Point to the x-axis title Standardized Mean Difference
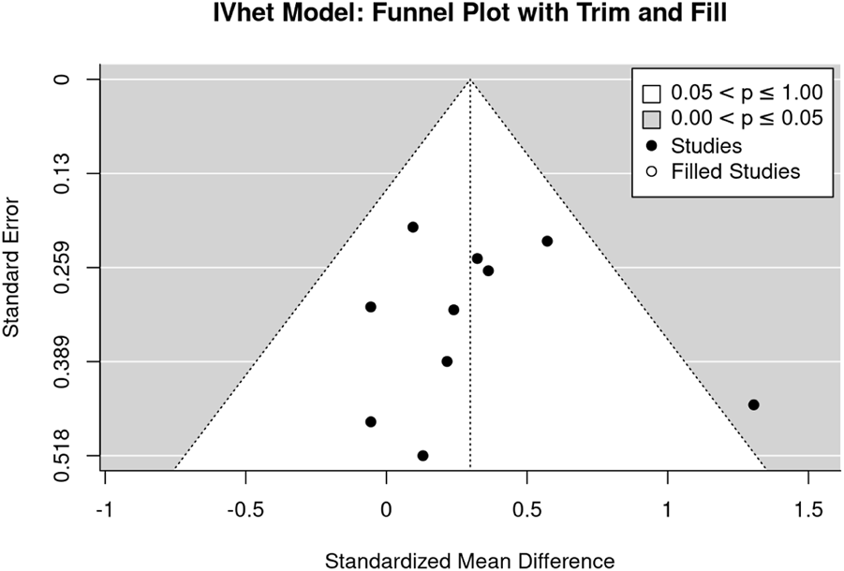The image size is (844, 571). coord(469,561)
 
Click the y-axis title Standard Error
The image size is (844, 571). coord(12,268)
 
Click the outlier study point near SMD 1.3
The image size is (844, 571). coord(753,404)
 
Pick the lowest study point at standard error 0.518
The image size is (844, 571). coord(422,456)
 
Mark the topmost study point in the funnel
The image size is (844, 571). coord(412,227)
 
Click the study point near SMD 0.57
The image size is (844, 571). coord(547,241)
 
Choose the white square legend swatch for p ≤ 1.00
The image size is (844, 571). coord(651,94)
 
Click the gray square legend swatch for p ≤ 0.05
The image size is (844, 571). coord(651,119)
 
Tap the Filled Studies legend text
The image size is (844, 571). coord(734,171)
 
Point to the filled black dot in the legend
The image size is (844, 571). coord(651,145)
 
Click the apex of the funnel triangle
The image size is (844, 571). coord(470,80)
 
